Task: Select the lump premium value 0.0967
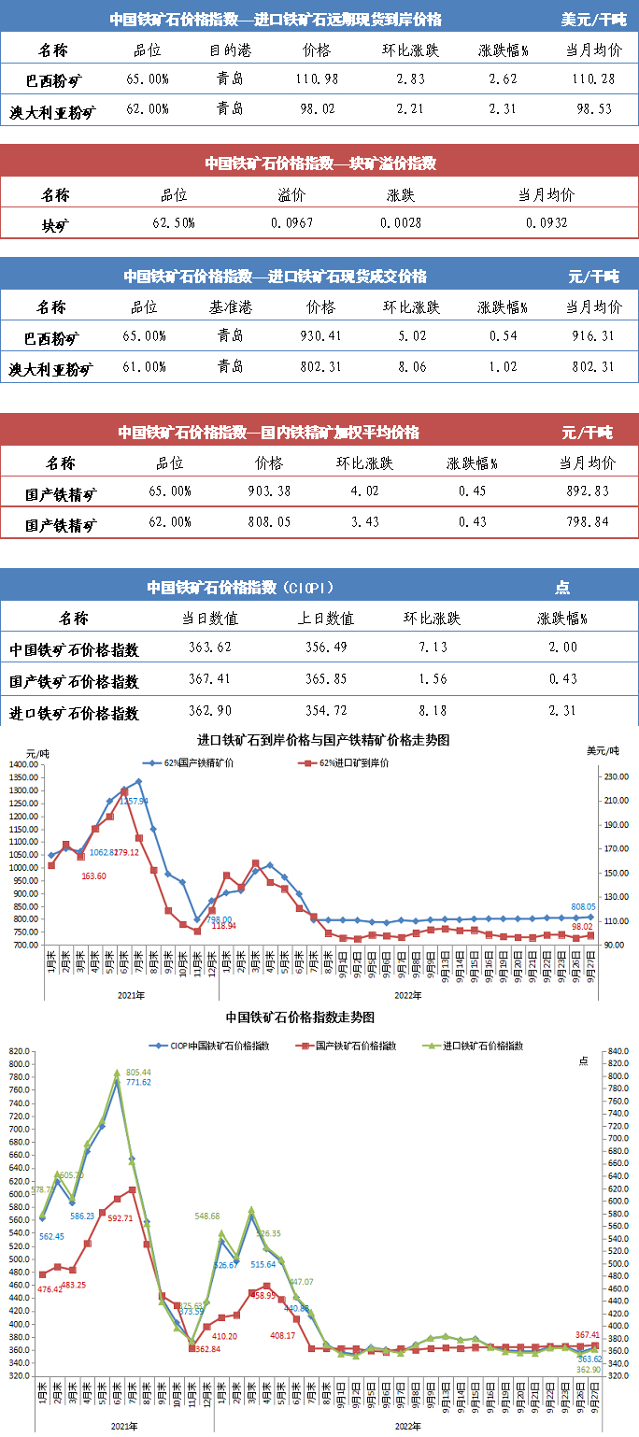291,223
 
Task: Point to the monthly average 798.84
588,522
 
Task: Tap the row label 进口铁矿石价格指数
74,713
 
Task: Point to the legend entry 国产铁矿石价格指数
355,1046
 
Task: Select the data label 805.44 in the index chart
138,1072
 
